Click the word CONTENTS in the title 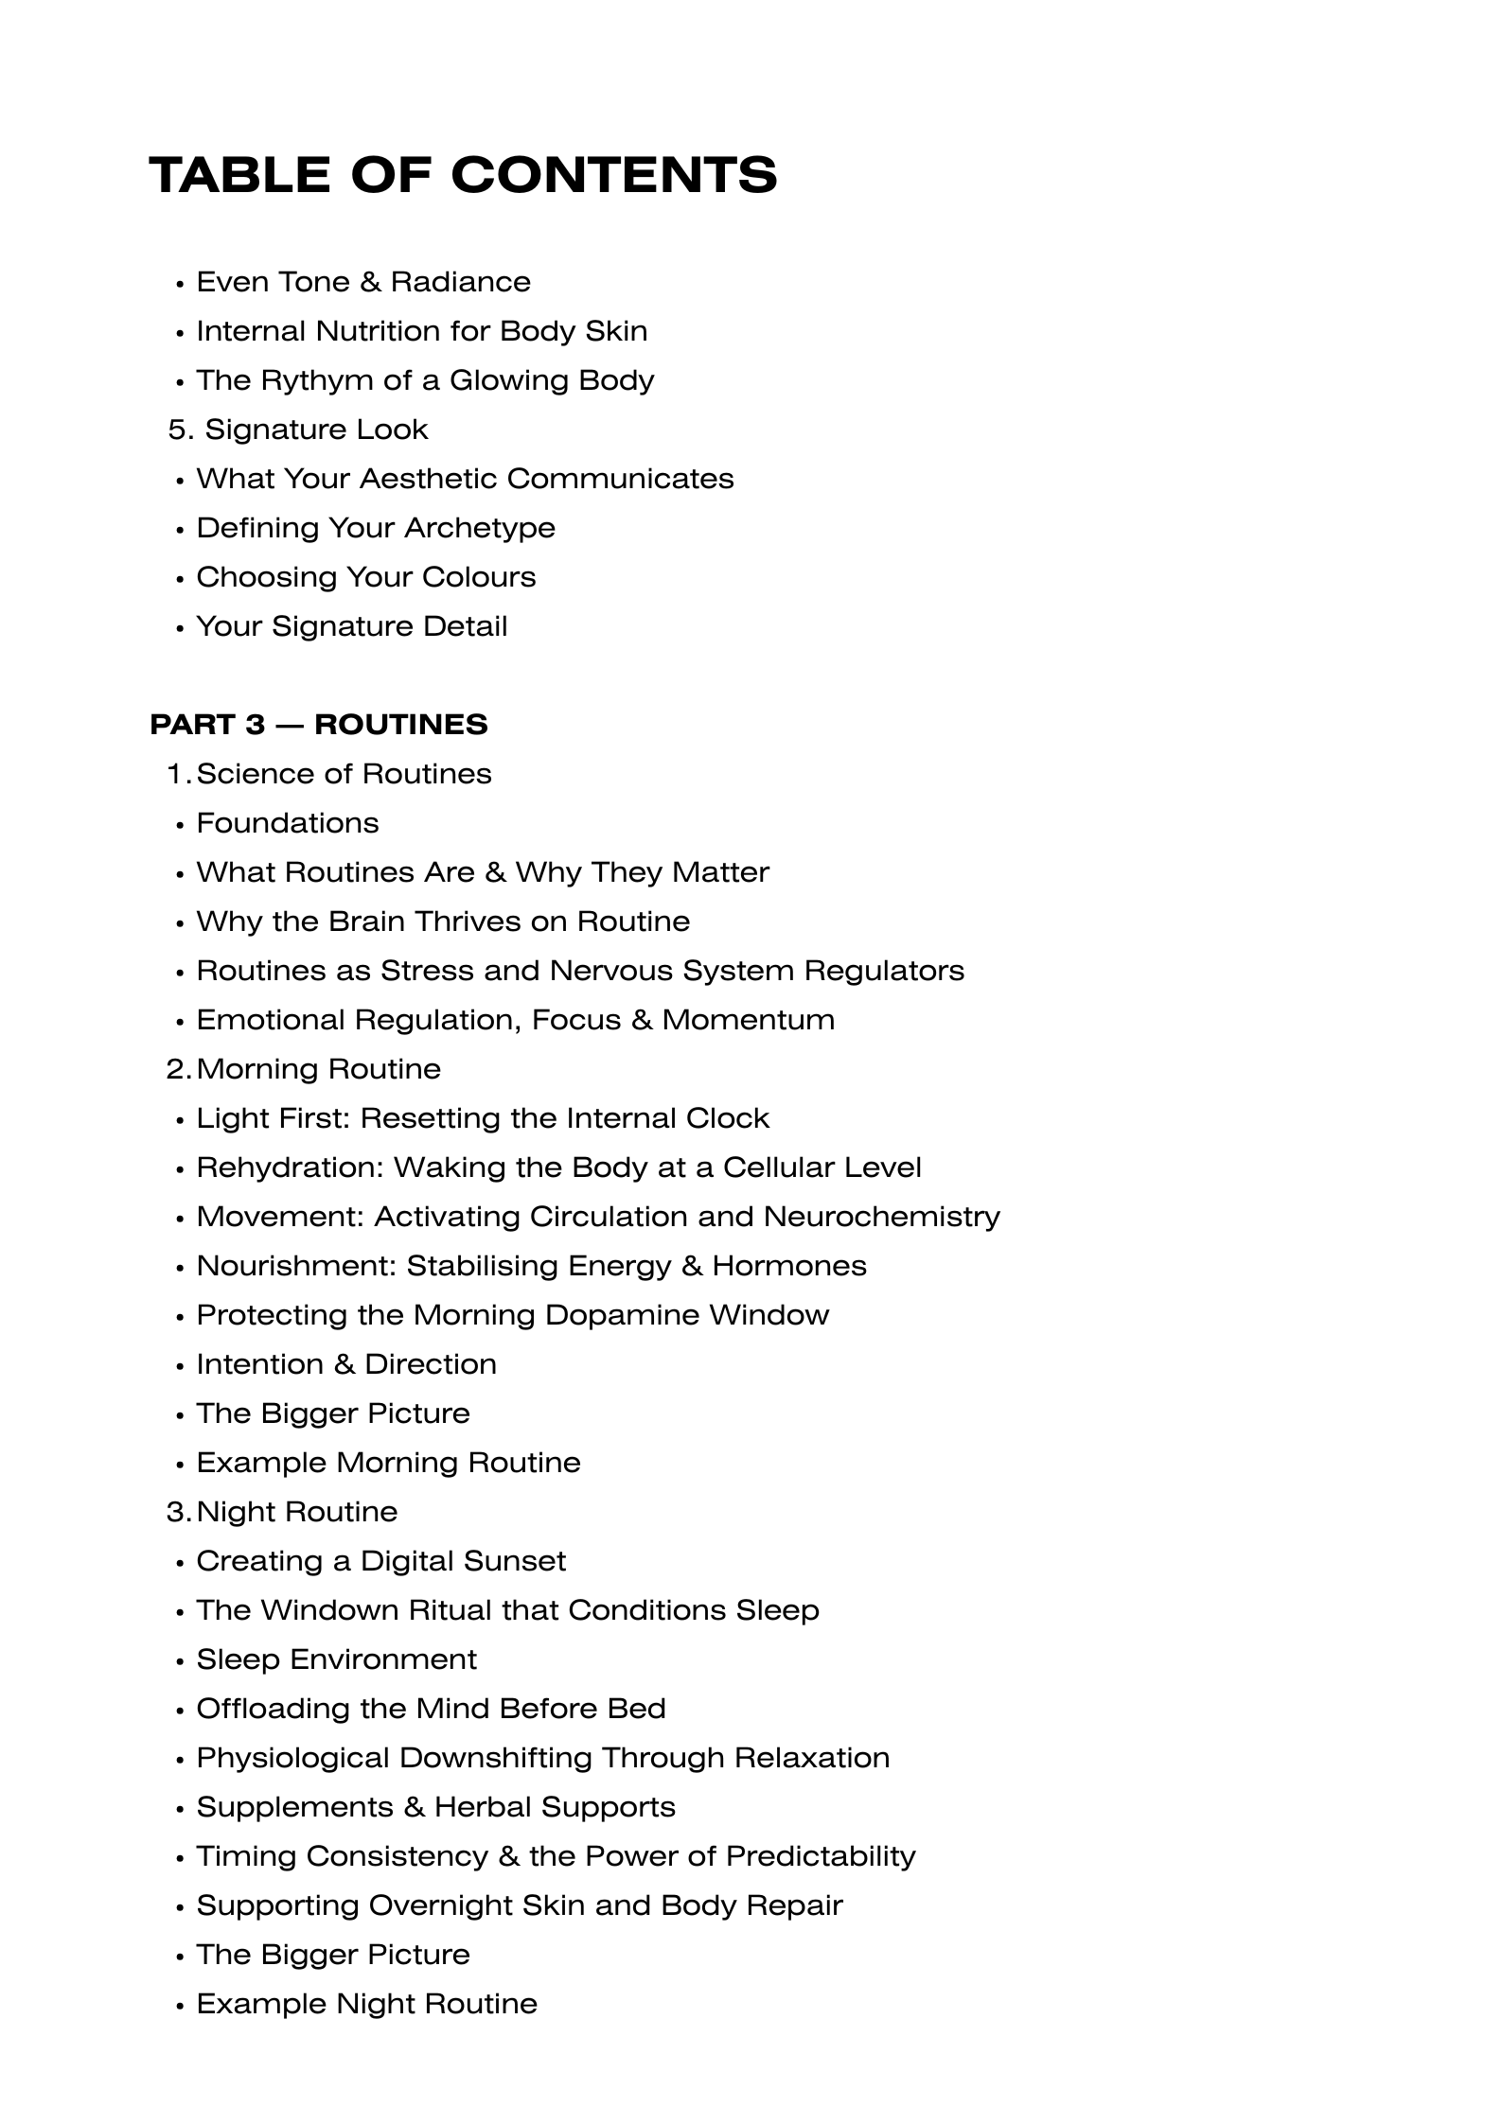tap(613, 176)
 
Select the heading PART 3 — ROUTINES tap(319, 725)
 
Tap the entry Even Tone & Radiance tap(363, 282)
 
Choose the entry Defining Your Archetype tap(376, 528)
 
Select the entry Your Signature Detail tap(352, 626)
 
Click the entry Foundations tap(288, 823)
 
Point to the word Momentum tap(748, 1020)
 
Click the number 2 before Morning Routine tap(176, 1069)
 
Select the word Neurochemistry tap(881, 1217)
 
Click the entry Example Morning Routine tap(388, 1463)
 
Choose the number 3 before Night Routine tap(176, 1512)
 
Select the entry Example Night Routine tap(367, 2004)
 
